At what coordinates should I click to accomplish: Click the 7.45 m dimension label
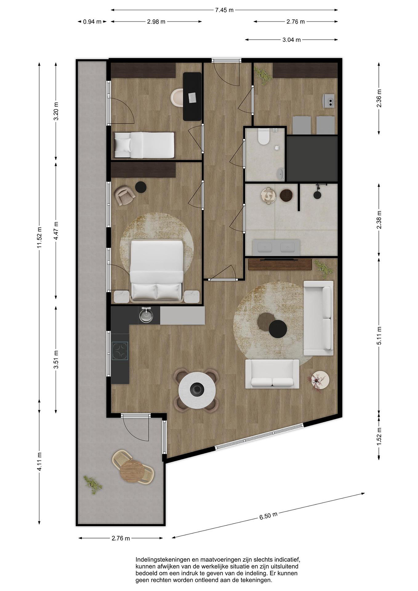(x=224, y=10)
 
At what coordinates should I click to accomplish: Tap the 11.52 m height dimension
(x=39, y=238)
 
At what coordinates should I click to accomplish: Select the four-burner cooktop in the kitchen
(x=120, y=350)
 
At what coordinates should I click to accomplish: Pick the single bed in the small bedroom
(x=144, y=145)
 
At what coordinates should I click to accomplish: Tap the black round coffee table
(x=278, y=329)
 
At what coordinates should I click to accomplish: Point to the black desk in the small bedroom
(x=192, y=96)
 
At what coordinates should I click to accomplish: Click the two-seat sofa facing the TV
(x=272, y=374)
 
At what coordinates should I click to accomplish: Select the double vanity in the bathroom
(x=276, y=247)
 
